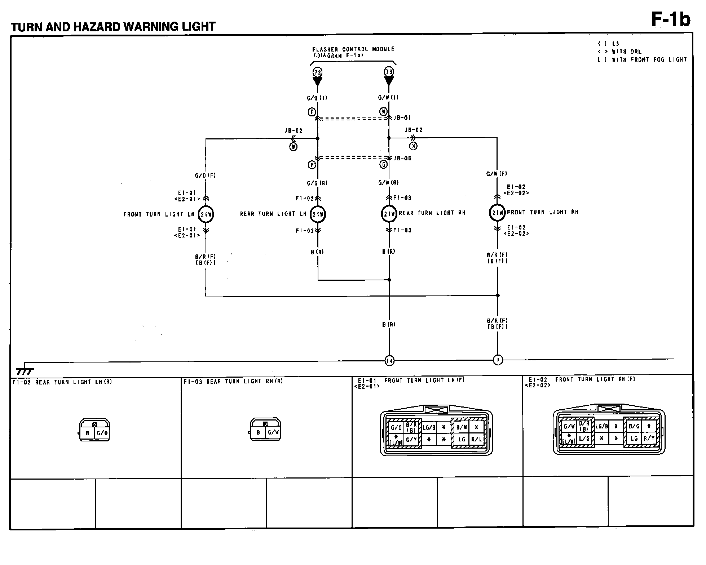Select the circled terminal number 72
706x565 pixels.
(x=317, y=72)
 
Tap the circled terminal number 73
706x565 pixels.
(x=389, y=72)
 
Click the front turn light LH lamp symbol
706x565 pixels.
(x=206, y=214)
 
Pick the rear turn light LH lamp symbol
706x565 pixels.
(x=318, y=214)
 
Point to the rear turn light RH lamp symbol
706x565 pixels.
(x=389, y=214)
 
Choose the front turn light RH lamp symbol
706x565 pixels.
(x=498, y=213)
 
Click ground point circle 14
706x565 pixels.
(x=389, y=360)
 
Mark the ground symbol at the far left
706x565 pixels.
(x=25, y=371)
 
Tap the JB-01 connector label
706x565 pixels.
(x=402, y=118)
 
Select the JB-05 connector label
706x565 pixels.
(x=402, y=159)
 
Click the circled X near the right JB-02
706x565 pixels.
(x=413, y=146)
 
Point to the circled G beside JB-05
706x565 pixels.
(x=384, y=165)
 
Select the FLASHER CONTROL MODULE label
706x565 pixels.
(x=353, y=49)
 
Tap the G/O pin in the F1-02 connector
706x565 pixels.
(x=102, y=433)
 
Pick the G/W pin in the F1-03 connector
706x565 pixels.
(x=273, y=432)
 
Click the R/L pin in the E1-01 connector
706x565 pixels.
(x=477, y=440)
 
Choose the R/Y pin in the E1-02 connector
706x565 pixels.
(x=649, y=439)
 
